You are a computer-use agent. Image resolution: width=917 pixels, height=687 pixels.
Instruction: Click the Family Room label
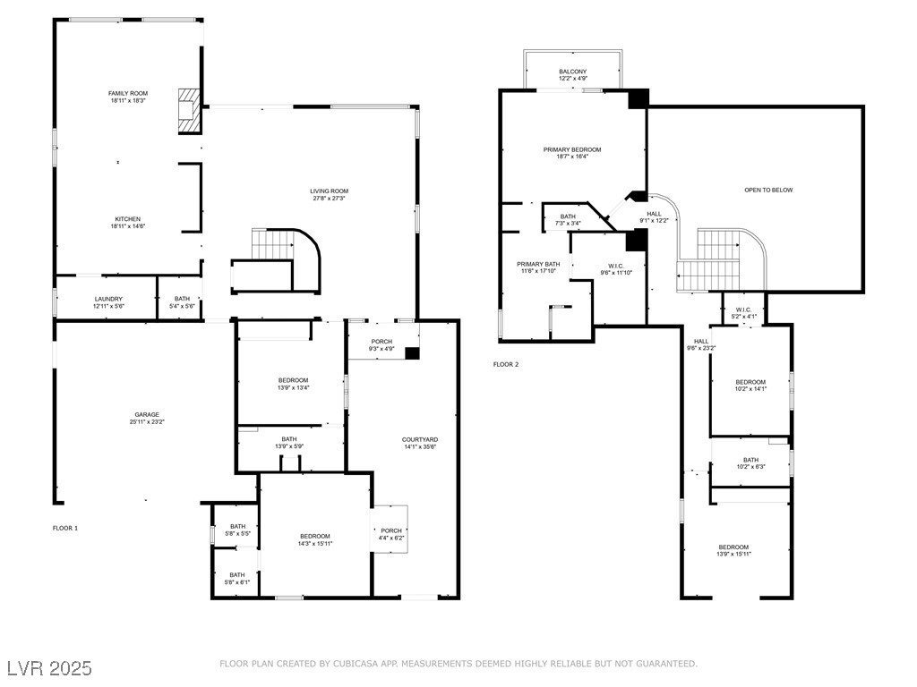[x=128, y=93]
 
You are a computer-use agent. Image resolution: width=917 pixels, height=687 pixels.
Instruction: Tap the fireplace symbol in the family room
[x=189, y=110]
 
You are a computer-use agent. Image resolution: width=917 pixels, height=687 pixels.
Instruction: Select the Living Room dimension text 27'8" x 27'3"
[x=330, y=198]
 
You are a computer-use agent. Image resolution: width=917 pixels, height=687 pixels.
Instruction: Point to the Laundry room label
[x=108, y=299]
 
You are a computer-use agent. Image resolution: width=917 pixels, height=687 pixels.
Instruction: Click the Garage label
[x=147, y=415]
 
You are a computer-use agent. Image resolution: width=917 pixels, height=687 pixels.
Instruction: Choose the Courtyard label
[x=420, y=440]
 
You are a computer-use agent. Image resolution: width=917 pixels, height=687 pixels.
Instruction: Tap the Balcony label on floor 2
[x=572, y=72]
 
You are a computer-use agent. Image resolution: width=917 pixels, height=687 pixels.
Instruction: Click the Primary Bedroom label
[x=572, y=149]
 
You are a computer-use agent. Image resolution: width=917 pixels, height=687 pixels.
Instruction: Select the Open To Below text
[x=768, y=190]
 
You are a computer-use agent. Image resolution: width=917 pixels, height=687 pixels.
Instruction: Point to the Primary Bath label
[x=538, y=264]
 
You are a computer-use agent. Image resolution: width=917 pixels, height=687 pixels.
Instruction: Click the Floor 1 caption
[x=64, y=528]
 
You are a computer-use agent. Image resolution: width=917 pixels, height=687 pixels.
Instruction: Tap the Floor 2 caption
[x=506, y=365]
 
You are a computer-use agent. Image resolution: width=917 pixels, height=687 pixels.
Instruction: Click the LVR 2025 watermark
[x=50, y=667]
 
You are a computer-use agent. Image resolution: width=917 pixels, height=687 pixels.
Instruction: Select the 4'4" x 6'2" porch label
[x=391, y=538]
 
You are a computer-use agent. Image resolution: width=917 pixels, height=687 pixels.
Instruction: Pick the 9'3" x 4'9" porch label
[x=381, y=349]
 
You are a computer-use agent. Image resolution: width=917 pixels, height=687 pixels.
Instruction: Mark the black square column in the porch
[x=412, y=353]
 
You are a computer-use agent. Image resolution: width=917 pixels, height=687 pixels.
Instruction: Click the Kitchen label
[x=127, y=219]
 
